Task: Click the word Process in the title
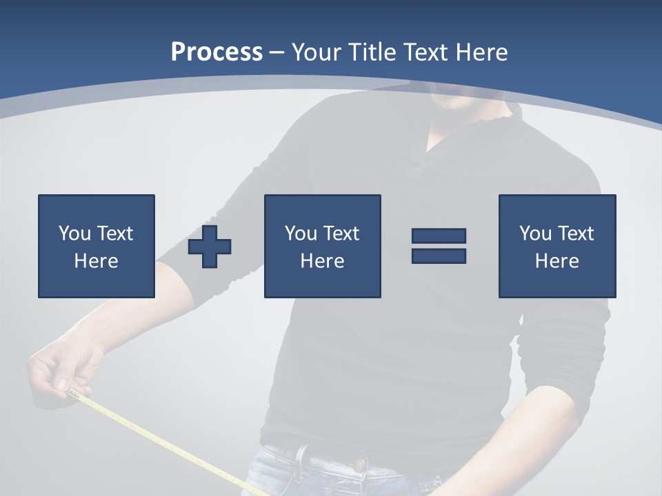coord(217,52)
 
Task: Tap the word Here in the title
coord(481,52)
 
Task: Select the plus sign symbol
coord(210,247)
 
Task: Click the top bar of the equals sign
coord(439,236)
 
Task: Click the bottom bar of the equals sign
coord(439,256)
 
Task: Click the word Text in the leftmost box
coord(114,234)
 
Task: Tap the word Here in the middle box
coord(322,261)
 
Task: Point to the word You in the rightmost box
coord(535,234)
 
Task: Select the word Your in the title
coord(317,52)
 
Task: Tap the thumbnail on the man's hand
coord(62,384)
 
